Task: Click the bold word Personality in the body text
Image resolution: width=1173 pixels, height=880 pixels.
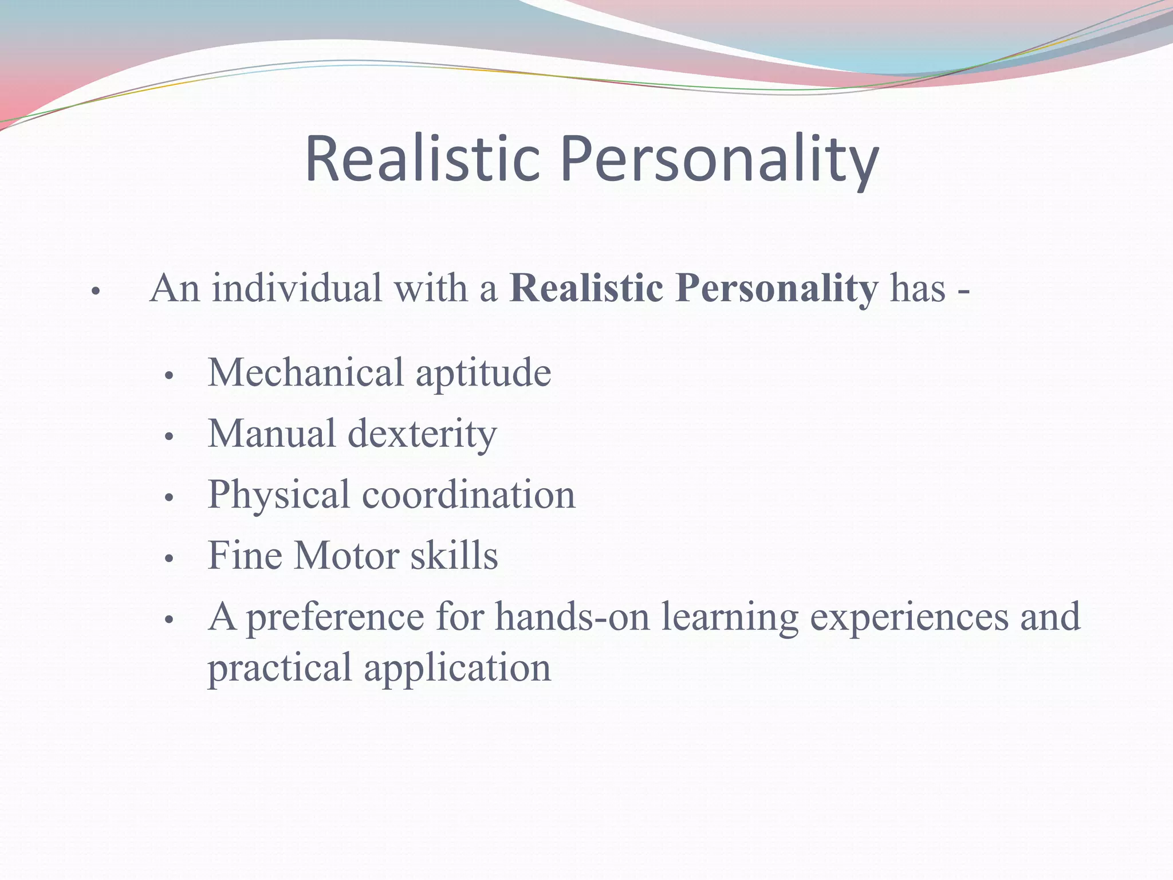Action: (x=776, y=289)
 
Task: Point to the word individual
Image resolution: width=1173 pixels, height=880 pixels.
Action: (x=297, y=288)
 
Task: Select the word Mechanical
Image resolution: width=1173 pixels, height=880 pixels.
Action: (x=306, y=372)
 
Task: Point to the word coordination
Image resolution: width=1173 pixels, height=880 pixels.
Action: (x=469, y=495)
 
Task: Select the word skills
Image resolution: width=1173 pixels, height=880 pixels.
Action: (x=454, y=555)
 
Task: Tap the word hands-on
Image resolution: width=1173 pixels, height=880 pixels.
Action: (x=573, y=616)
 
